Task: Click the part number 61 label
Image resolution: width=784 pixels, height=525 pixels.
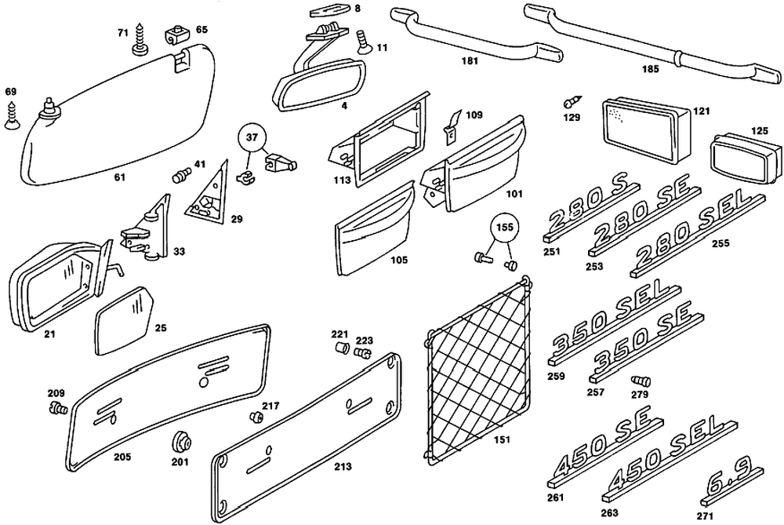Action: pos(119,177)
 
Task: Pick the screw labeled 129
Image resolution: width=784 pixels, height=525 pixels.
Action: pos(572,101)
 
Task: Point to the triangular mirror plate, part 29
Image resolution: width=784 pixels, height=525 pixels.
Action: pos(205,197)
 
